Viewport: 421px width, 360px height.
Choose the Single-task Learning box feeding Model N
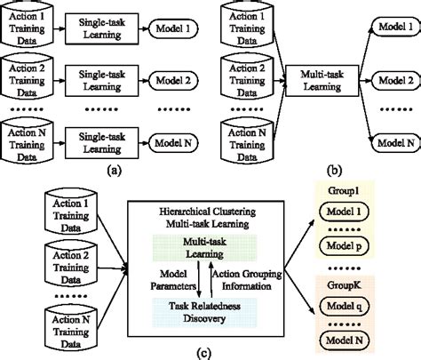point(105,140)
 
